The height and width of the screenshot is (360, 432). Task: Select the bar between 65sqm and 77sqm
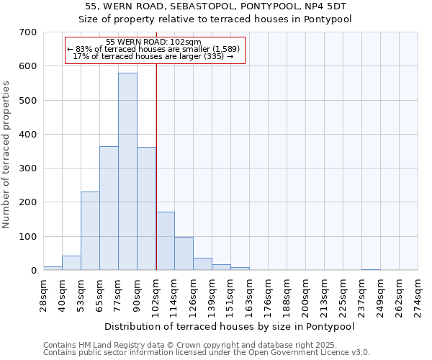(x=109, y=208)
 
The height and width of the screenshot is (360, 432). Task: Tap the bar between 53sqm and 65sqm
(x=90, y=230)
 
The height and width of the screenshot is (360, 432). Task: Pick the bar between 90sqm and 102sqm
(x=146, y=209)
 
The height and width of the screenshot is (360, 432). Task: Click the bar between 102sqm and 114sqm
(x=165, y=241)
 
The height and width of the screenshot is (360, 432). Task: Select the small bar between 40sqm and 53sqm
(x=71, y=263)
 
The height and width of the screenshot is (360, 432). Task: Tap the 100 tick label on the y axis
(x=28, y=236)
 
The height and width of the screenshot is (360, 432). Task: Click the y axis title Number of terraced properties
(x=7, y=155)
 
